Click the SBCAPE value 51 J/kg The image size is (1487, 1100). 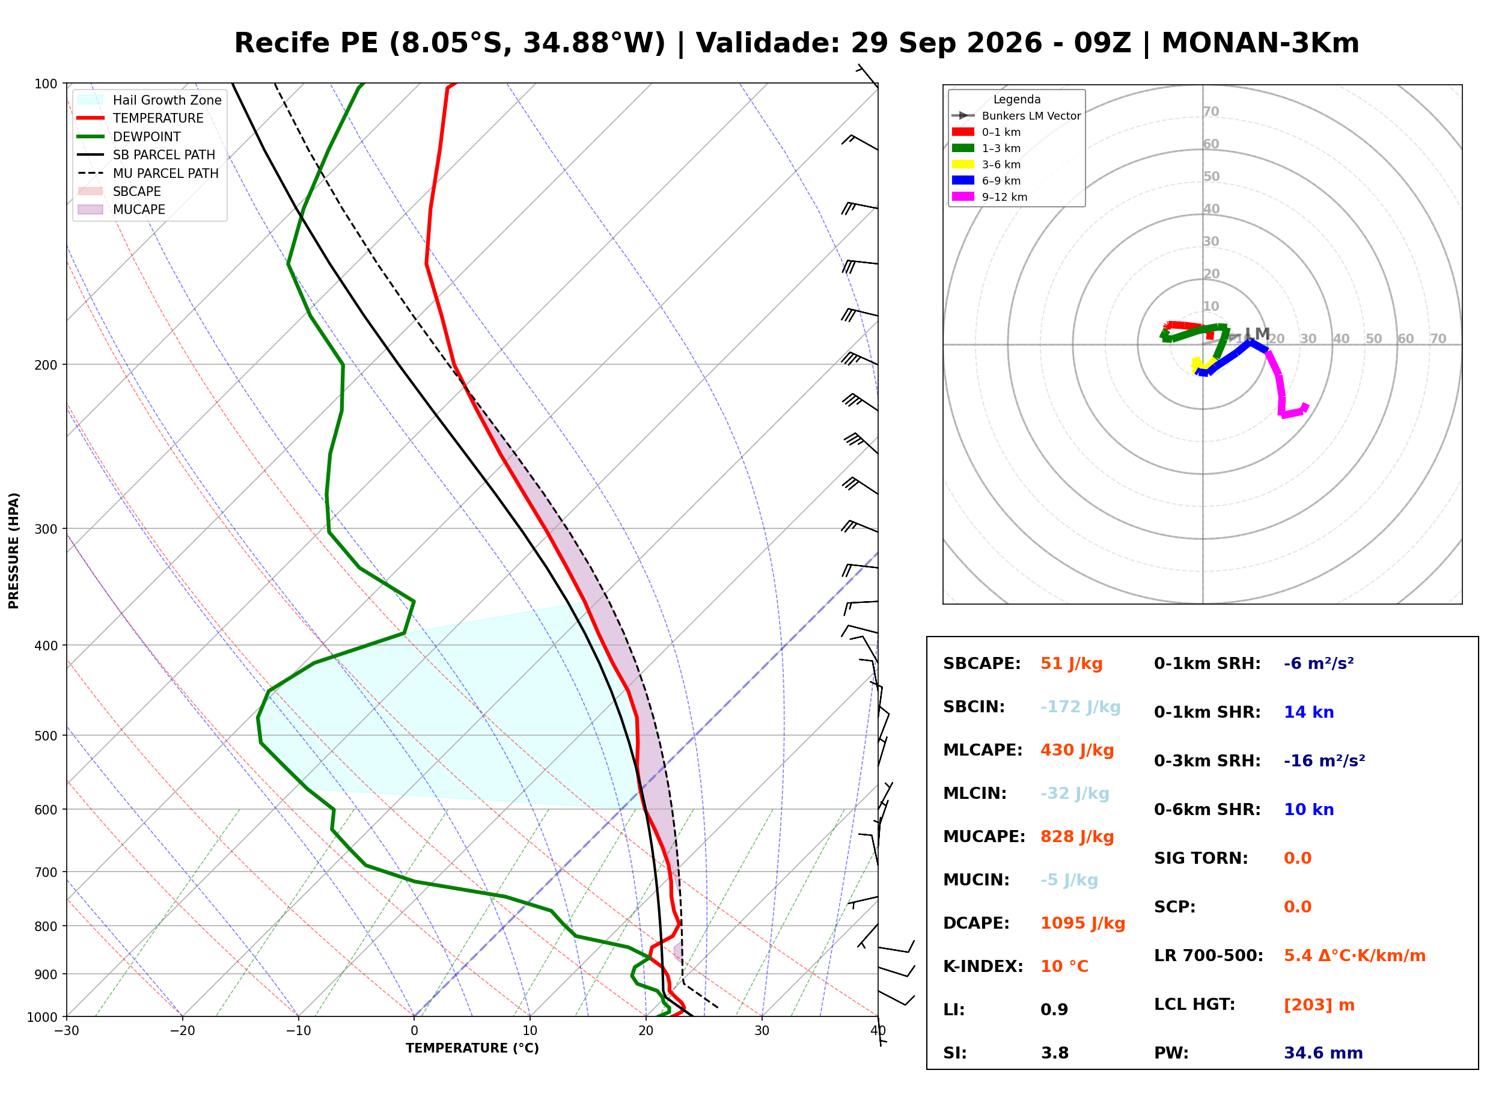coord(1072,664)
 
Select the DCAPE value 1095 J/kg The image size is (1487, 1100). coord(1083,923)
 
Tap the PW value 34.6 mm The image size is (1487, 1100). coord(1324,1053)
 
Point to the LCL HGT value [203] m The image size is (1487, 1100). coord(1319,1005)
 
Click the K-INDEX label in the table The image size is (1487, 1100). coord(983,967)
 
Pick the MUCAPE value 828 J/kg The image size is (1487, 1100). coord(1077,837)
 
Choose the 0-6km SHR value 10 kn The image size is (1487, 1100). coord(1308,810)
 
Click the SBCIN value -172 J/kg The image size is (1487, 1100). coord(1080,707)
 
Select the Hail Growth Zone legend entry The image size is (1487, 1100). coord(150,100)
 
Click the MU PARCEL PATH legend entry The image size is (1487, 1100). coord(148,173)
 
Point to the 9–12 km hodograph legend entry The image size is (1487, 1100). coord(990,197)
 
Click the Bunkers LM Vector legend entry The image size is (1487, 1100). coord(1016,116)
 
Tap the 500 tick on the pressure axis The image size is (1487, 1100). coord(46,736)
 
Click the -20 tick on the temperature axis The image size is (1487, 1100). coord(182,1031)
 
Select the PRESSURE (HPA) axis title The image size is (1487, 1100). coord(14,551)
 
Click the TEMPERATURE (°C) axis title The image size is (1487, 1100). coord(472,1048)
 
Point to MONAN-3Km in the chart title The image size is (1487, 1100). coord(1260,43)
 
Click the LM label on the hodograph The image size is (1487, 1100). coord(1257,334)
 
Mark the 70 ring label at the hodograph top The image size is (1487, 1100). coord(1211,112)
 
